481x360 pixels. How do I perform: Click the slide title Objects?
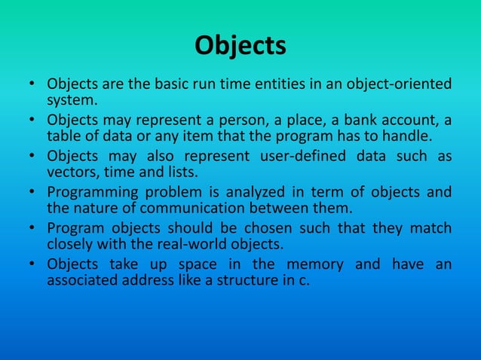tap(240, 46)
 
